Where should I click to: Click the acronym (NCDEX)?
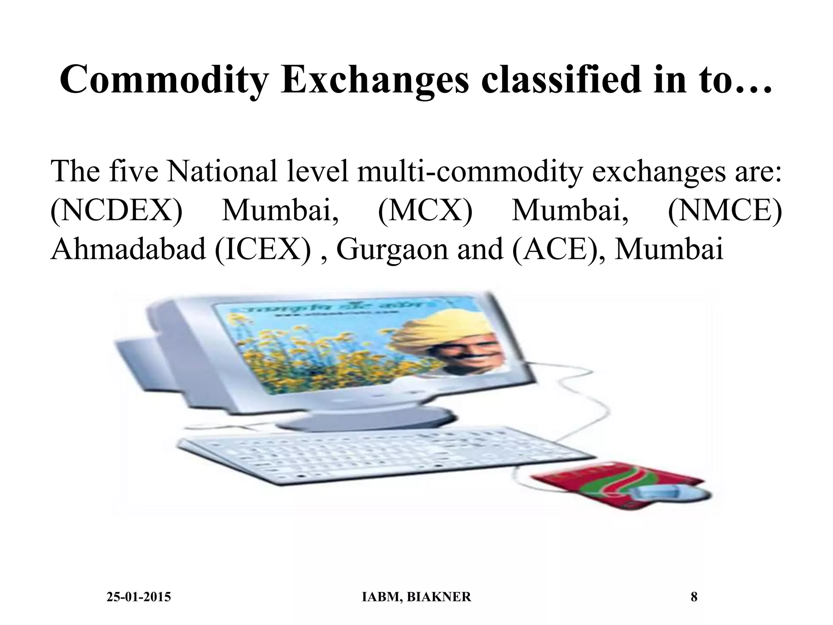pyautogui.click(x=117, y=212)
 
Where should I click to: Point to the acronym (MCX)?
pyautogui.click(x=425, y=212)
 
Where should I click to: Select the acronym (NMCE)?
pyautogui.click(x=725, y=212)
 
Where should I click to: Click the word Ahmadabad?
pyautogui.click(x=128, y=249)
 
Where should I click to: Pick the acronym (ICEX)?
pyautogui.click(x=266, y=249)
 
